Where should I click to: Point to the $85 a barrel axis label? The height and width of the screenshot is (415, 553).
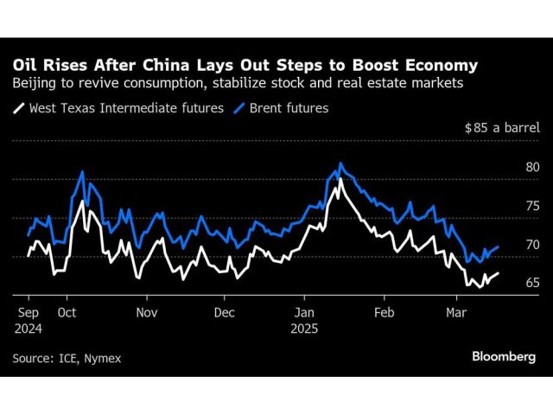(501, 128)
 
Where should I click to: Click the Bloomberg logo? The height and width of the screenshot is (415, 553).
(503, 356)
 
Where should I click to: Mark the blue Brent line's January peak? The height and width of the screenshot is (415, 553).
(340, 163)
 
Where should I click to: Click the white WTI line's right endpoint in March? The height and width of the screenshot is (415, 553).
(499, 273)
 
